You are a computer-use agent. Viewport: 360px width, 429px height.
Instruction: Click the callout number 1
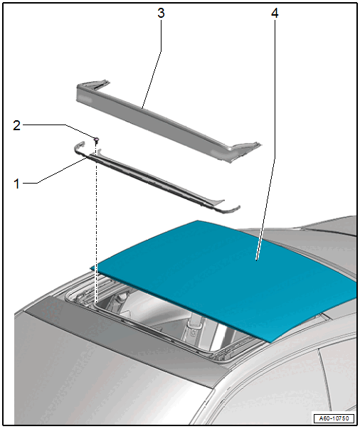click(16, 184)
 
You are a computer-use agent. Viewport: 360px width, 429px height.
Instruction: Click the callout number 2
click(16, 125)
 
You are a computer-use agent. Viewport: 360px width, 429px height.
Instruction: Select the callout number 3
click(161, 13)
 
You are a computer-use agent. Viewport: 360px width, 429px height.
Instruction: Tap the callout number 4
click(275, 13)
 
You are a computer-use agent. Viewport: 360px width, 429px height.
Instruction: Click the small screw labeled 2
click(96, 140)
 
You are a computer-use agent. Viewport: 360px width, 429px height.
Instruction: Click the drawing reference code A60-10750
click(334, 418)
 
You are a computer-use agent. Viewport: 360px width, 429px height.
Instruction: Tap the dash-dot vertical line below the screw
click(96, 221)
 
